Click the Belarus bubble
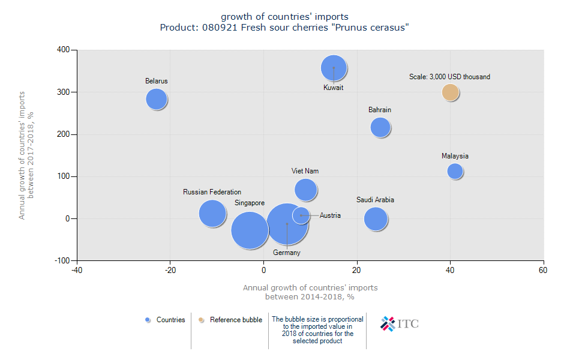(157, 99)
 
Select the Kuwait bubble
(334, 68)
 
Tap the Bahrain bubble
(380, 127)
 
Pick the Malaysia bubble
(455, 171)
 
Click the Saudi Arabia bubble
(376, 219)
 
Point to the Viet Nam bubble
(306, 190)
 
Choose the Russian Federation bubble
(212, 213)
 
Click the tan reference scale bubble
(451, 92)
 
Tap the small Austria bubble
(301, 215)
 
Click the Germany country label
(286, 253)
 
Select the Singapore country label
(250, 203)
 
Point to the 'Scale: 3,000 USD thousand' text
(449, 77)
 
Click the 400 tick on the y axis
(62, 50)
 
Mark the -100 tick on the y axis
(61, 260)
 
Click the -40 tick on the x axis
(77, 271)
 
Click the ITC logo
(400, 324)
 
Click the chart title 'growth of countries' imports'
(284, 17)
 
